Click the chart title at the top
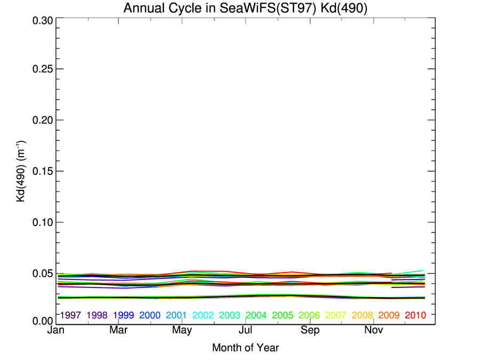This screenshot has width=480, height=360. pyautogui.click(x=245, y=9)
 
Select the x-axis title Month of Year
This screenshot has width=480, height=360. pyautogui.click(x=245, y=348)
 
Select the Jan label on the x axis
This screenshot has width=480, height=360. pyautogui.click(x=56, y=331)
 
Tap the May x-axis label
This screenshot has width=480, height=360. pyautogui.click(x=182, y=331)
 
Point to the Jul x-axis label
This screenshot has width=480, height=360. pyautogui.click(x=246, y=331)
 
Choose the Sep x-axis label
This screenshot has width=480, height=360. pyautogui.click(x=310, y=331)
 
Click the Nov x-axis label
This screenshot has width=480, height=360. pyautogui.click(x=374, y=331)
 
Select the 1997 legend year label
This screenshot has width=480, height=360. pyautogui.click(x=71, y=315)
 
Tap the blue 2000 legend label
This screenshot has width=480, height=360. pyautogui.click(x=150, y=315)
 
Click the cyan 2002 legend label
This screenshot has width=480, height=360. pyautogui.click(x=203, y=315)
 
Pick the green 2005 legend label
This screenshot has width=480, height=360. pyautogui.click(x=283, y=315)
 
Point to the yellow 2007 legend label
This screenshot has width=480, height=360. pyautogui.click(x=336, y=315)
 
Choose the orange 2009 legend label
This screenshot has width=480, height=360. pyautogui.click(x=389, y=315)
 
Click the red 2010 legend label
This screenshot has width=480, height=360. pyautogui.click(x=415, y=315)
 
